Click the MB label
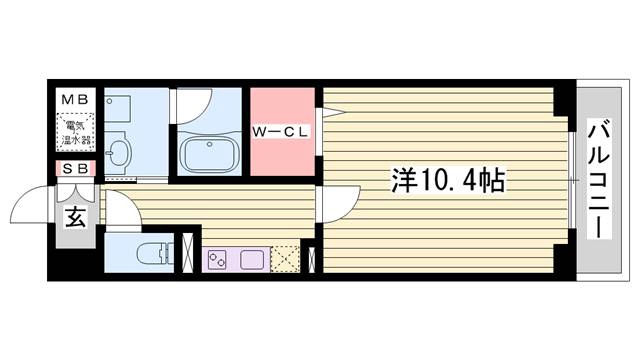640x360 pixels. pyautogui.click(x=75, y=100)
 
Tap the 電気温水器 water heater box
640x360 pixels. pyautogui.click(x=75, y=133)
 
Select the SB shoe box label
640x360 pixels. pyautogui.click(x=76, y=169)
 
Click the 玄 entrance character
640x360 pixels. pyautogui.click(x=76, y=217)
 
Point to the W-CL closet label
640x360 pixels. pyautogui.click(x=281, y=132)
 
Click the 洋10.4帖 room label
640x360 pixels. pyautogui.click(x=448, y=180)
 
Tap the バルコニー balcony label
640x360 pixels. pyautogui.click(x=599, y=179)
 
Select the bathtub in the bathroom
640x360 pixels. pyautogui.click(x=209, y=154)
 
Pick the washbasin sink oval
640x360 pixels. pyautogui.click(x=119, y=153)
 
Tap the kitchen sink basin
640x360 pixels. pyautogui.click(x=252, y=260)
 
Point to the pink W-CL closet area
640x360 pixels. pyautogui.click(x=282, y=132)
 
